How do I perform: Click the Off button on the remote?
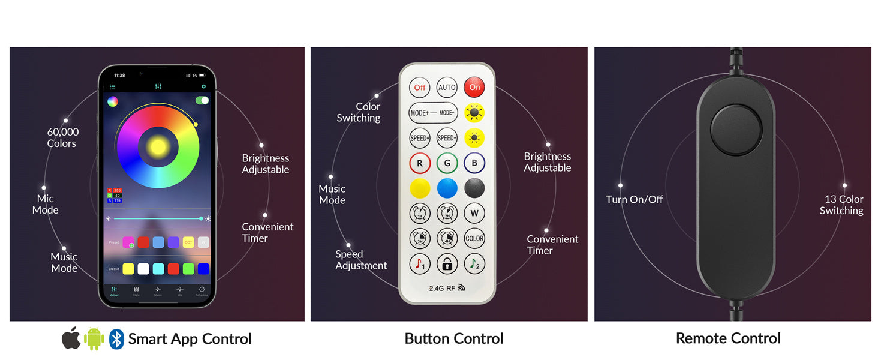click(420, 88)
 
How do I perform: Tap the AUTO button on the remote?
click(447, 88)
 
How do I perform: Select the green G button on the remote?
click(447, 163)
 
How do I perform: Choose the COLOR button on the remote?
click(474, 238)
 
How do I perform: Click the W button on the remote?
click(474, 213)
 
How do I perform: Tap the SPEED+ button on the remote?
click(420, 138)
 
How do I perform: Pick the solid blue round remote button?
click(447, 188)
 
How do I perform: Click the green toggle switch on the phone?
click(202, 100)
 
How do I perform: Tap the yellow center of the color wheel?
click(158, 146)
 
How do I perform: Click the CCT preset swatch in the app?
click(188, 242)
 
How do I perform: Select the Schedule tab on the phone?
click(202, 291)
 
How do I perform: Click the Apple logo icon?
click(71, 339)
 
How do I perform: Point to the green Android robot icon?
click(94, 339)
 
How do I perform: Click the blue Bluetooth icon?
click(116, 339)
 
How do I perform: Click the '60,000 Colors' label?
click(62, 137)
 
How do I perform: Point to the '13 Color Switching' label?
click(842, 205)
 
